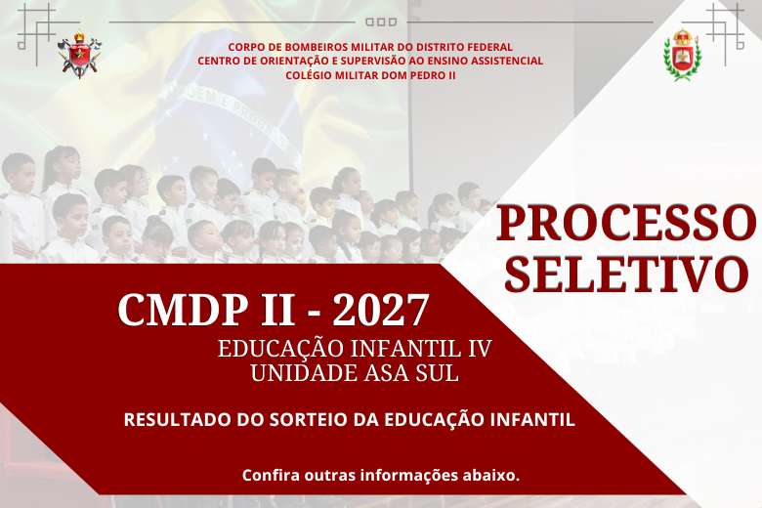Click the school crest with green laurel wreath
(682, 54)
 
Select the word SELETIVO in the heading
(626, 274)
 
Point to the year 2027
(381, 310)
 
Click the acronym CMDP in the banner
(182, 310)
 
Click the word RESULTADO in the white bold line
(177, 419)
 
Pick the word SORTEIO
(309, 419)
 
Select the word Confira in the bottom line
(271, 475)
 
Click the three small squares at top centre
(381, 21)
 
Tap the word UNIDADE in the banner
(303, 373)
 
